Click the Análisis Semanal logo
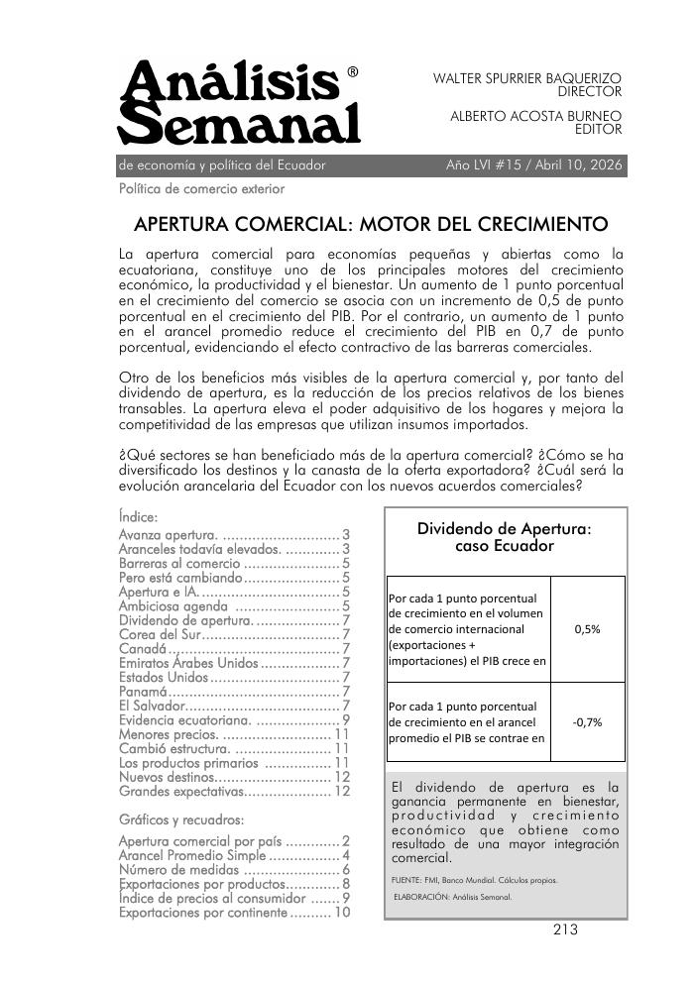tap(238, 103)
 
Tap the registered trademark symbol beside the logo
tap(354, 72)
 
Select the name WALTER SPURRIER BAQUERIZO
tap(526, 77)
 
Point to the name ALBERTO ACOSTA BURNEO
tap(535, 115)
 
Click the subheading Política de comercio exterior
tap(201, 188)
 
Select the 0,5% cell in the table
tap(587, 628)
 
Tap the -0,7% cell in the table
tap(587, 722)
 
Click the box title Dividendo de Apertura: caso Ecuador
tap(505, 538)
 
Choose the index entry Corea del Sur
tap(160, 634)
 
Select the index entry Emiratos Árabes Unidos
tap(187, 663)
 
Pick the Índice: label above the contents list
tap(138, 516)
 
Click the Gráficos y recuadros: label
tap(180, 820)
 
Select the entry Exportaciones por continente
tap(202, 913)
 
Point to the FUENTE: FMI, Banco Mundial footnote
tap(475, 880)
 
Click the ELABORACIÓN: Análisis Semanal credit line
tap(453, 898)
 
